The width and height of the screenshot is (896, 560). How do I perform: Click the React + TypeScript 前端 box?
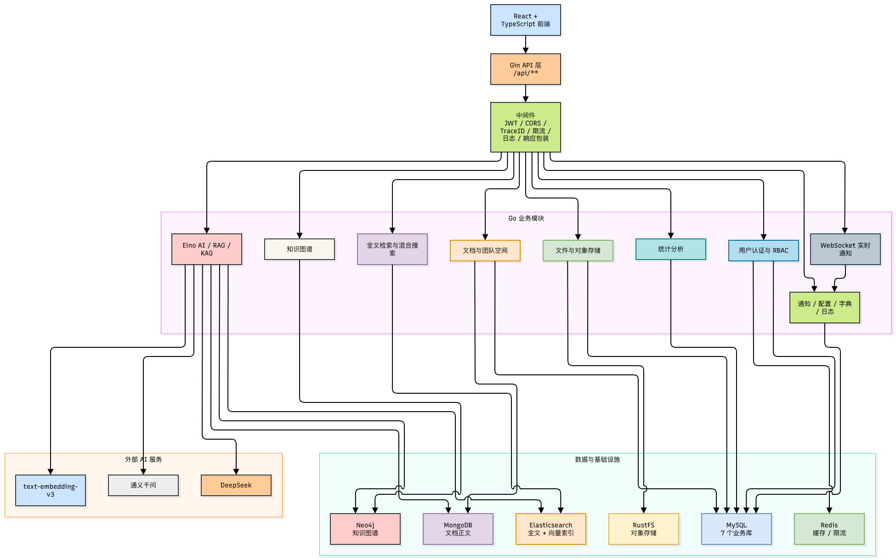click(526, 20)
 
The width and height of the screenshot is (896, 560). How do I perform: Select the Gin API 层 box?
click(526, 69)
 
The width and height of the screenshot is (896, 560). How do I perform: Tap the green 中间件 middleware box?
click(526, 127)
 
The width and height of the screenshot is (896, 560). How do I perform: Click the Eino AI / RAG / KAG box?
click(207, 249)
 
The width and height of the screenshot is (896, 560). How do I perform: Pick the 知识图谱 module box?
click(300, 249)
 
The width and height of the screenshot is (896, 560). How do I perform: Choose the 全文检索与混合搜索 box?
click(392, 249)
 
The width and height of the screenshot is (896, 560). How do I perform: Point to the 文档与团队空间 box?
click(485, 251)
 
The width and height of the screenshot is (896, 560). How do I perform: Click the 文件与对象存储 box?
click(578, 251)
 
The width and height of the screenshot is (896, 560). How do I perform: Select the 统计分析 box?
click(671, 249)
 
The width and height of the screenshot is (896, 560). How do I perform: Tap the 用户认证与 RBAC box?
click(764, 251)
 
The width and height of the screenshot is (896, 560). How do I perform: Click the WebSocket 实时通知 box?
click(845, 249)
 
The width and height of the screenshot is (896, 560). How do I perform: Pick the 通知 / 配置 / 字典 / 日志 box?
click(825, 308)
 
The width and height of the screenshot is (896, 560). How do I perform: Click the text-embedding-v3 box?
click(51, 491)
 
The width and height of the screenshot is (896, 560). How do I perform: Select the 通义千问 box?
click(143, 486)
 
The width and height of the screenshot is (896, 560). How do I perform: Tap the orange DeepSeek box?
click(236, 486)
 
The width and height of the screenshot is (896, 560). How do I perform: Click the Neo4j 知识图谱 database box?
click(365, 529)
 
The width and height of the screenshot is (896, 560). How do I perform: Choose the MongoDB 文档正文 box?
click(458, 529)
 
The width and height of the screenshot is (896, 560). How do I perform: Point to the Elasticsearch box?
click(551, 529)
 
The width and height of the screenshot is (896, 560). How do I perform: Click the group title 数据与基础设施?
click(597, 459)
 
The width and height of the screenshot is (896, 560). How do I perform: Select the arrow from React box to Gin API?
click(526, 45)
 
